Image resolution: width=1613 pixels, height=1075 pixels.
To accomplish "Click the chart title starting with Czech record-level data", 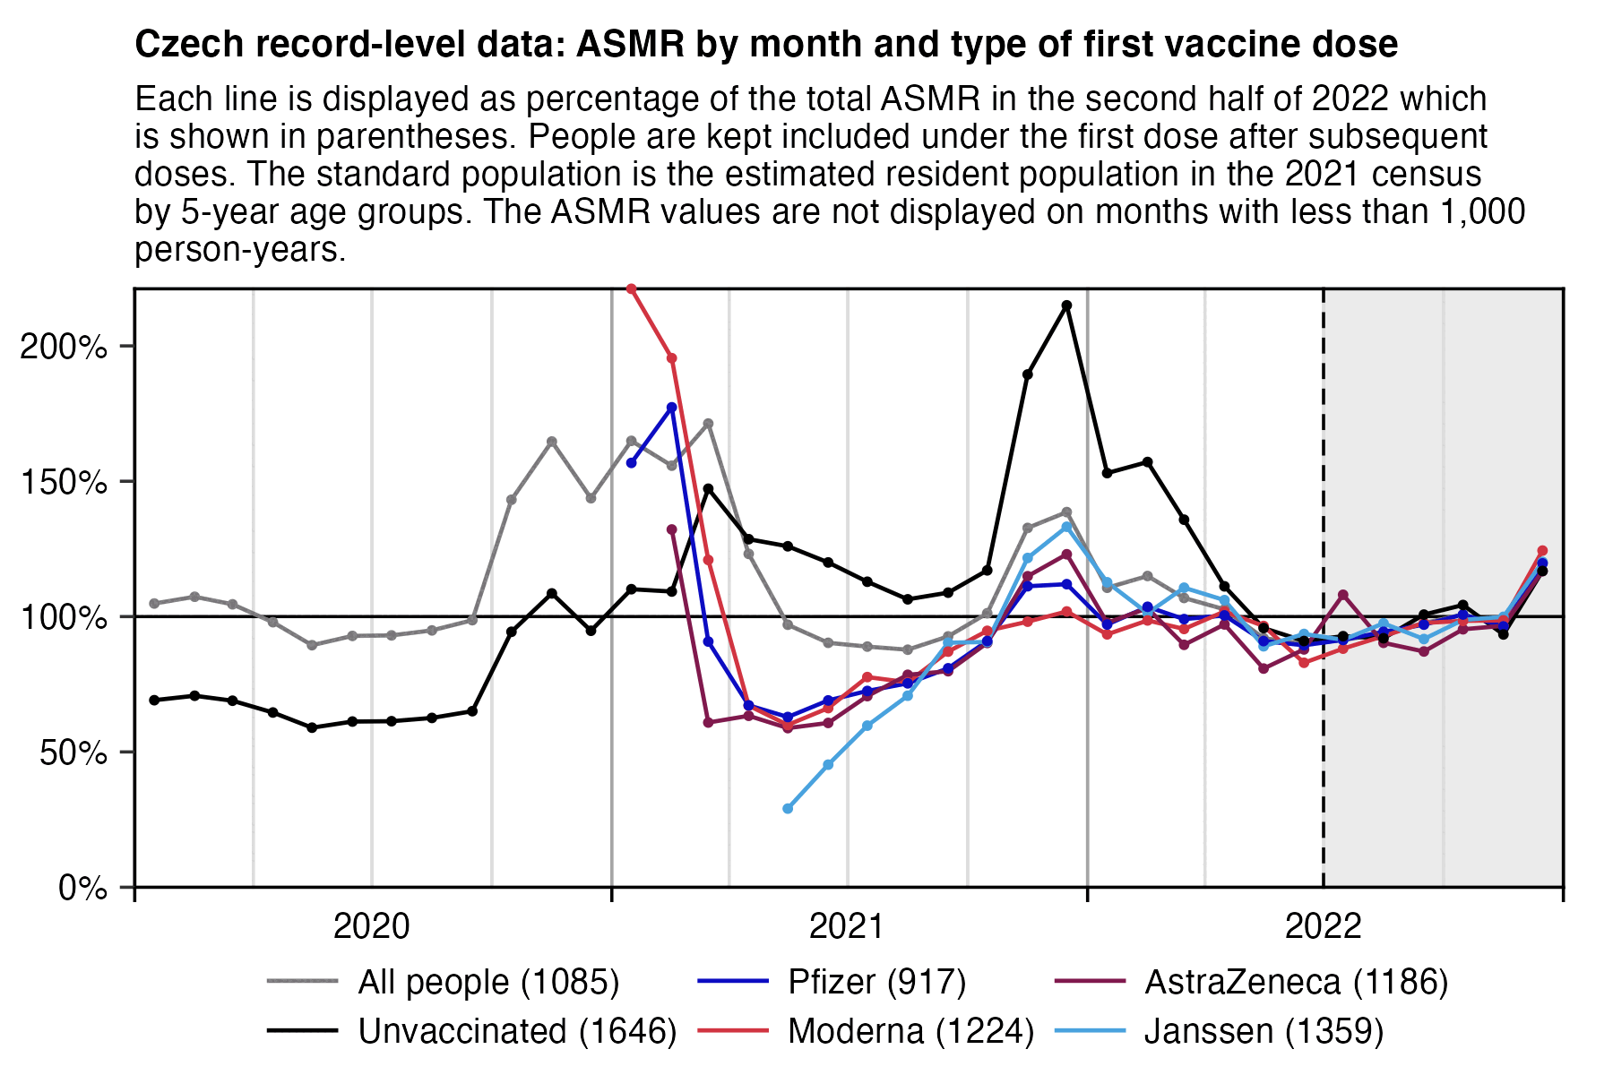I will [x=766, y=44].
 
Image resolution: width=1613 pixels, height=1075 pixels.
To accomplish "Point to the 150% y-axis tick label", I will [x=64, y=482].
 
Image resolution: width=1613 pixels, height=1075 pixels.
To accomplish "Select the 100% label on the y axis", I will [x=64, y=617].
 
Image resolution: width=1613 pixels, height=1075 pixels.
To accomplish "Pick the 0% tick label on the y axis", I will [x=83, y=889].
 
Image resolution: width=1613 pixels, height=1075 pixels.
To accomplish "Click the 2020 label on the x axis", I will [x=371, y=926].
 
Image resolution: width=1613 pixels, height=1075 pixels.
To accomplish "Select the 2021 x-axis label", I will [x=847, y=926].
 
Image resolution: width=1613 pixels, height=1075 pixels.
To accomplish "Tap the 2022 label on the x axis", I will [x=1323, y=926].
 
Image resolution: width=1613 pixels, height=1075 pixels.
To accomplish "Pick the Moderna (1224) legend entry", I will [x=910, y=1032].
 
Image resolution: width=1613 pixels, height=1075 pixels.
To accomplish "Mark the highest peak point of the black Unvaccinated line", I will [x=1066, y=305].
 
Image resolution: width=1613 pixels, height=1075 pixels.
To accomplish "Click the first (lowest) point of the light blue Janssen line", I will [x=788, y=809].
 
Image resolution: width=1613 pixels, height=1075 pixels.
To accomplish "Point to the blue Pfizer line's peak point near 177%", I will [x=671, y=408].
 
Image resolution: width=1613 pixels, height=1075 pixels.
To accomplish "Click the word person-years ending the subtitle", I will [x=240, y=250].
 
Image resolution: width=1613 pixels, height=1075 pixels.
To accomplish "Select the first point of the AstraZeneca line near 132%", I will [x=671, y=529].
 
